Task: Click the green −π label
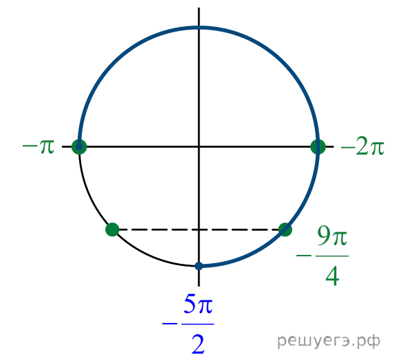click(x=39, y=146)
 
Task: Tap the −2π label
click(x=362, y=147)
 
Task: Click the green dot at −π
click(x=79, y=147)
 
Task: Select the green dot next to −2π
click(x=318, y=147)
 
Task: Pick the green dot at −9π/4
click(x=285, y=229)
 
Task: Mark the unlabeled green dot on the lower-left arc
click(x=112, y=229)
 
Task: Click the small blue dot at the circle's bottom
click(x=199, y=266)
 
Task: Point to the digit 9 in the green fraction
click(x=323, y=235)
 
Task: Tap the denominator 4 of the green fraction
click(x=332, y=276)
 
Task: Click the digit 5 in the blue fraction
click(x=190, y=304)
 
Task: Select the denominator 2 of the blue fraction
click(x=198, y=344)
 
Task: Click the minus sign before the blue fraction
click(x=170, y=324)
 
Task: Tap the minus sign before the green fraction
click(x=304, y=256)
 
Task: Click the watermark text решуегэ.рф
click(x=329, y=341)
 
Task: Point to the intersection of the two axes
click(x=199, y=146)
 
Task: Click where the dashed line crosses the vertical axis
click(x=199, y=229)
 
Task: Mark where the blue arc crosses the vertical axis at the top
click(x=199, y=27)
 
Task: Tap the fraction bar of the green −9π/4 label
click(x=332, y=256)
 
